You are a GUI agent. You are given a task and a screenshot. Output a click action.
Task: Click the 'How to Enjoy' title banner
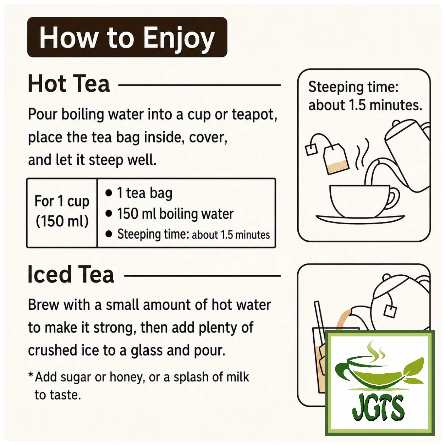pos(127,37)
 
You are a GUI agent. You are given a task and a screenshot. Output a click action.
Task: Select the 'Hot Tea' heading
pos(69,84)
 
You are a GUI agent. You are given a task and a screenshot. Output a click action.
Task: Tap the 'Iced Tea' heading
pos(71,274)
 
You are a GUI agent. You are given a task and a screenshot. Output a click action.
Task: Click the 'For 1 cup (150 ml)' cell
pos(62,211)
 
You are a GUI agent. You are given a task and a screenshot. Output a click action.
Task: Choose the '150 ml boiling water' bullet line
pos(170,214)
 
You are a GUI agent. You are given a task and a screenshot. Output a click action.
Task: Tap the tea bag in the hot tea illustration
pos(336,158)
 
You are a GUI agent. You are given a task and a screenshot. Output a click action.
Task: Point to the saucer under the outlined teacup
pos(360,219)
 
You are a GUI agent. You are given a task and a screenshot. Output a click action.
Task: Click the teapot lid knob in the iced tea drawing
pos(386,277)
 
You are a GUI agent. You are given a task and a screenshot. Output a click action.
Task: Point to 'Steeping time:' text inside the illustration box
pos(353,87)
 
